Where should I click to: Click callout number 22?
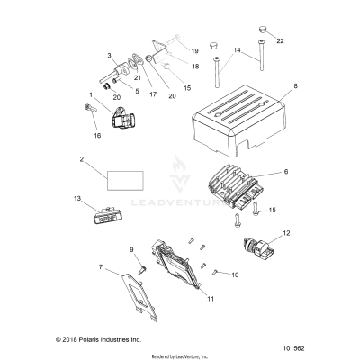point(278,41)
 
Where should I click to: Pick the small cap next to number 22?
point(261,31)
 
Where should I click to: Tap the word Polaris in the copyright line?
point(55,340)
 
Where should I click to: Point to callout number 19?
point(194,52)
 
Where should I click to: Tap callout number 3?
point(110,56)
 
